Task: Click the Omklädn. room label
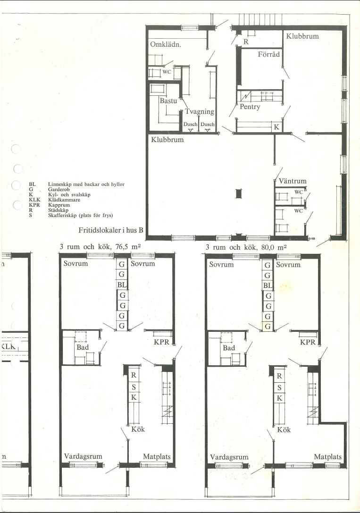(x=166, y=44)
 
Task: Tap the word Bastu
(x=168, y=101)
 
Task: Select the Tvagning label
(x=200, y=111)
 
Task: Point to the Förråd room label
(x=269, y=54)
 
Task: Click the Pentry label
(x=250, y=107)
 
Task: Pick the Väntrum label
(x=293, y=181)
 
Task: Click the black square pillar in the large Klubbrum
(x=239, y=193)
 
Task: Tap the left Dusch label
(x=190, y=124)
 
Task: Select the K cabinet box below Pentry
(x=276, y=127)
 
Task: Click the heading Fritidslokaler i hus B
(x=111, y=230)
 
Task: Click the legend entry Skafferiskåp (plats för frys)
(x=80, y=215)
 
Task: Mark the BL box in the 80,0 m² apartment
(x=268, y=286)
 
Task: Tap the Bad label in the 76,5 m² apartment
(x=83, y=347)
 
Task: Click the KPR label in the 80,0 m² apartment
(x=308, y=342)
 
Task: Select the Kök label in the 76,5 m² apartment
(x=138, y=429)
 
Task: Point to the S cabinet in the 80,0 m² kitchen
(x=279, y=387)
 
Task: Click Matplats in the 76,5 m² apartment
(x=157, y=456)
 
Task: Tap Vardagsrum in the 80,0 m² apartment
(x=229, y=457)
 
